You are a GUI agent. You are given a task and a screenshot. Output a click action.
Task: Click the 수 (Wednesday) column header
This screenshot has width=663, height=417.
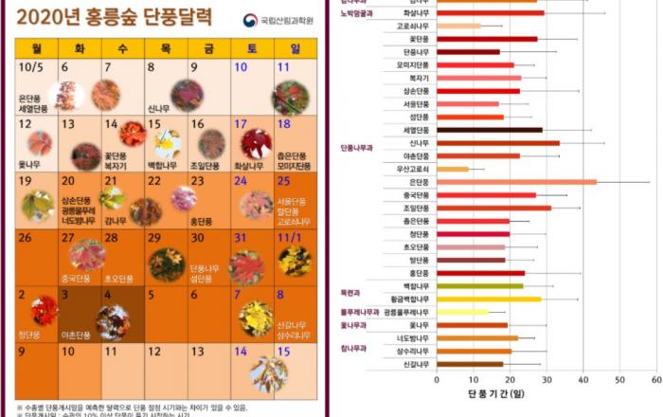tap(123, 48)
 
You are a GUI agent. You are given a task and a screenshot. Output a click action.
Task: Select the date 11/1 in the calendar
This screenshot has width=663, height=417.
tap(290, 238)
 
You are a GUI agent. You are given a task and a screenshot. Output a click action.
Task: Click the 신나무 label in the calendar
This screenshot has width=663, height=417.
tap(158, 109)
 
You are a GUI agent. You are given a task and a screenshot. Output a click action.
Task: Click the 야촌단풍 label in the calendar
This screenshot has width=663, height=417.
tap(77, 335)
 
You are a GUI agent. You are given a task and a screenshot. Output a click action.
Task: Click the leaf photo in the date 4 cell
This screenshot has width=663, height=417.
tap(113, 322)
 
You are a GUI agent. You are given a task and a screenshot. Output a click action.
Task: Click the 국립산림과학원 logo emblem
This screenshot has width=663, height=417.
tap(250, 20)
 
